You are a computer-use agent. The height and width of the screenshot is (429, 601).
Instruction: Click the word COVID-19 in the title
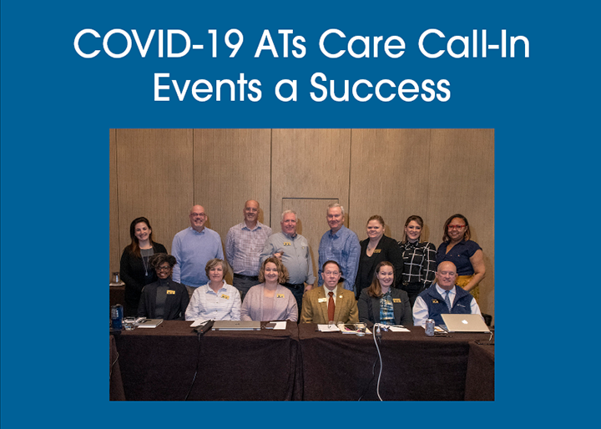pos(159,43)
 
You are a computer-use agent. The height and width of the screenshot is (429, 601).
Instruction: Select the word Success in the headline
pos(381,88)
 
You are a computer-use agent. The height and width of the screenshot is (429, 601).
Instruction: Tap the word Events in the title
pos(207,88)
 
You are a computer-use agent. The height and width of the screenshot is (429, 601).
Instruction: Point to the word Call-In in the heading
pos(474,43)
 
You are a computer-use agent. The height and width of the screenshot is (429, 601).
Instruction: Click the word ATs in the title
pos(280,43)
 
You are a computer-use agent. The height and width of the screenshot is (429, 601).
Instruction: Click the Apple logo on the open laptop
pos(466,322)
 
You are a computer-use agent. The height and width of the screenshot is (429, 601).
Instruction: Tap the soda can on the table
pos(430,327)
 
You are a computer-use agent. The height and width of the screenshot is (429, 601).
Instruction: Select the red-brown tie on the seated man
pos(331,306)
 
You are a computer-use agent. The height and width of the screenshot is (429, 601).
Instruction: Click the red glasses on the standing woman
pos(457,227)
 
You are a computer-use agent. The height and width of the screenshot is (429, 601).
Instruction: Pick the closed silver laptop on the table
pos(236,326)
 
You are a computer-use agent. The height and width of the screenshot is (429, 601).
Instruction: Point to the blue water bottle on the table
pos(117,316)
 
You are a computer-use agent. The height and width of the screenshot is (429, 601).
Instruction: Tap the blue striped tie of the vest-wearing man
pos(447,300)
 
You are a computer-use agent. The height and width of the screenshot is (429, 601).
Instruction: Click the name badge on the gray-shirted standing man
pos(286,244)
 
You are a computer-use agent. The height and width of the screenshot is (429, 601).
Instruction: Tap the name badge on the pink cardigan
pos(280,296)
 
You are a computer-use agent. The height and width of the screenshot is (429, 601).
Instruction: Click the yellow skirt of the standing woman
pos(468,285)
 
